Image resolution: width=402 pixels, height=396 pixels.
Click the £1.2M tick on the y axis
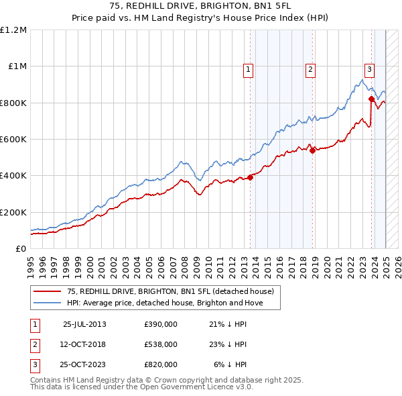coord(14,30)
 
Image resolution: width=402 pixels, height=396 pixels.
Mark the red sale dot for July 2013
coord(250,177)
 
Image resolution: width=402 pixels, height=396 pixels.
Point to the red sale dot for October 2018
coord(312,150)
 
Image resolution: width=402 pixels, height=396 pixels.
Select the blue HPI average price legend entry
coord(165,303)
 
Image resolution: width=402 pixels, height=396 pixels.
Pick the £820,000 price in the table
coord(161,364)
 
